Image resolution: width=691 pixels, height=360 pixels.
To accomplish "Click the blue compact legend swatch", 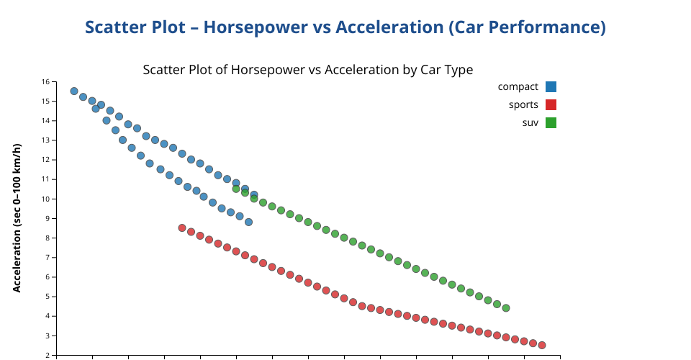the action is tap(551, 87).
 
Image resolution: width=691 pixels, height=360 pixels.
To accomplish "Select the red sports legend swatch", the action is tap(551, 105).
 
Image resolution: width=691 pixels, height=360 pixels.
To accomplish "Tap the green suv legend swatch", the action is tap(551, 123).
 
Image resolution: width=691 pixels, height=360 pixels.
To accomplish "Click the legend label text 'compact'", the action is tap(518, 87).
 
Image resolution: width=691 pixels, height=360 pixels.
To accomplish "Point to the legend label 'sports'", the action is tap(523, 105).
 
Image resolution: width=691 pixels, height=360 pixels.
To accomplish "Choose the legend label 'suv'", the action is tap(530, 123).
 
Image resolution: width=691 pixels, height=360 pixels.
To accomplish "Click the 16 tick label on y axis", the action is tap(46, 81).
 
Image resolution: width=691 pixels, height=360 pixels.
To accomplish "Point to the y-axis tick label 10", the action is tap(46, 199).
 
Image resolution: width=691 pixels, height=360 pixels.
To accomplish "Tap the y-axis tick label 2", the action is tap(48, 355).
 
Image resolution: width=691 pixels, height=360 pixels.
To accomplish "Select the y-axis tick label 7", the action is tap(48, 257).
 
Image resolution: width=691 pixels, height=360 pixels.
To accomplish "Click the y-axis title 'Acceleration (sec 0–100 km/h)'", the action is tap(17, 217).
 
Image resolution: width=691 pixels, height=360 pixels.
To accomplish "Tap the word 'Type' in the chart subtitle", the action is tap(460, 70).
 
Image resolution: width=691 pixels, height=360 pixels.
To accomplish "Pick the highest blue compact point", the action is tap(74, 91).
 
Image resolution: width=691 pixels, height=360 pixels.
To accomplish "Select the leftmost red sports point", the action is tap(182, 228).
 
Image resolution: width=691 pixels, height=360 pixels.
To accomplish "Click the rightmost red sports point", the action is tap(542, 345).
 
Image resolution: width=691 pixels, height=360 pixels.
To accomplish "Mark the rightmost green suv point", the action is tap(506, 308).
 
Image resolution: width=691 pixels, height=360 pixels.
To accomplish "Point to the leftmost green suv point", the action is tap(236, 189).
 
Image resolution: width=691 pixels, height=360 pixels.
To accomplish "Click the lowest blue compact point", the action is tap(248, 222).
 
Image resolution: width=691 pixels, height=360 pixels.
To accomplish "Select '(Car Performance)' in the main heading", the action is tap(527, 27).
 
